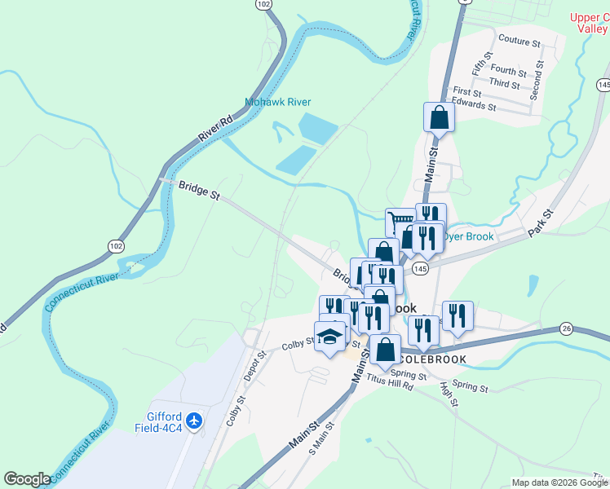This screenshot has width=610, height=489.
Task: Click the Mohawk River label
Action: point(278,103)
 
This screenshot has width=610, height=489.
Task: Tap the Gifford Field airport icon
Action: point(194,421)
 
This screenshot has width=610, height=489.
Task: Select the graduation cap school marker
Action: point(330,336)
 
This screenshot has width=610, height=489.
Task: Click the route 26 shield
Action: point(567,328)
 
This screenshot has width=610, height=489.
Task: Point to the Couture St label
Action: point(519,39)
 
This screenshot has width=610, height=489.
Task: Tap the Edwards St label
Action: point(475,106)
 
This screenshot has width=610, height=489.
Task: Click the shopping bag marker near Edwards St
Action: point(440,117)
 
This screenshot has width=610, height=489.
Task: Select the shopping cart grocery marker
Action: point(400,222)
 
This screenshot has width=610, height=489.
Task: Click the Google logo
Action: point(27,479)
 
